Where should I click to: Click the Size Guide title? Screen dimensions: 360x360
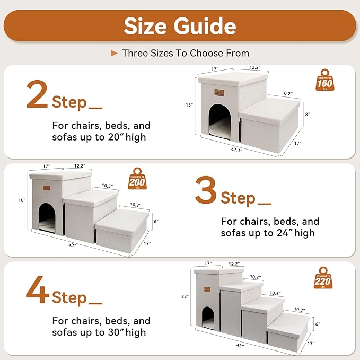[180, 25]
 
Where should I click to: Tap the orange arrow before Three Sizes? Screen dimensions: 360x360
[113, 53]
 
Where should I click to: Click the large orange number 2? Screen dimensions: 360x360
[37, 95]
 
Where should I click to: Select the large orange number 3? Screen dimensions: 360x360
[206, 190]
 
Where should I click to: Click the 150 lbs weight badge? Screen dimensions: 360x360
[324, 81]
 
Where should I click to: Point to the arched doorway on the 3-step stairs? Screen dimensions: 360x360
[47, 218]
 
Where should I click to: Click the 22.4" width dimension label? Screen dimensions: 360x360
[244, 150]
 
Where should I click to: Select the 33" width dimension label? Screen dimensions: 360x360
[72, 245]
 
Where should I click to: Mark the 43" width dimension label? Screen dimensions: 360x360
[240, 345]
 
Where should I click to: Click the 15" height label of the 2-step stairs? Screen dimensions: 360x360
[188, 105]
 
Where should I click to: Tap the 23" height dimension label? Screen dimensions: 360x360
[185, 296]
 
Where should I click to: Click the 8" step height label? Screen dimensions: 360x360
[308, 114]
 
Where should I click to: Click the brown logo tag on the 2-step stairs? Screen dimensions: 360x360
[219, 92]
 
